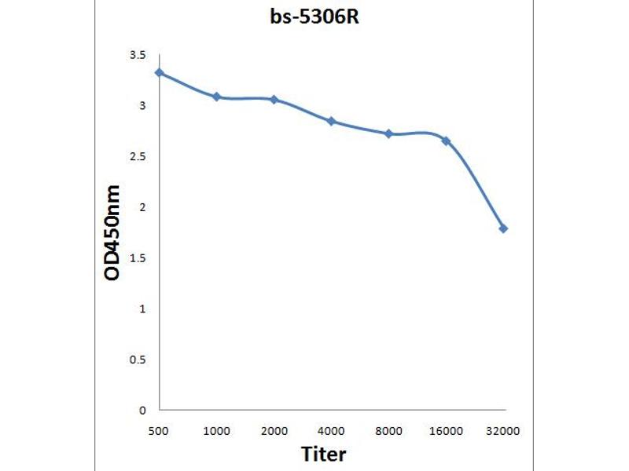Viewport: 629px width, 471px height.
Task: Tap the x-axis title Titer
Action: pos(323,454)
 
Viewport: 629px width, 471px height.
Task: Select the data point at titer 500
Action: pos(160,73)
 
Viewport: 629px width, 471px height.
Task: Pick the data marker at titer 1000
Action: pos(216,97)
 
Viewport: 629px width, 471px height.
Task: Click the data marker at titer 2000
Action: pos(274,100)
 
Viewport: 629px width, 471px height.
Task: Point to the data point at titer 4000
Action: pos(331,121)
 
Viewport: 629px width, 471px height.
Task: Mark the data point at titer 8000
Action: pos(388,134)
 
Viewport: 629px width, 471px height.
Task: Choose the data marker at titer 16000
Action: pos(446,141)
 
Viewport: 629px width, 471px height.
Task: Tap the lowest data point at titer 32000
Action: pos(503,228)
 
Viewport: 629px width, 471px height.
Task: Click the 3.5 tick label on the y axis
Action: pos(138,55)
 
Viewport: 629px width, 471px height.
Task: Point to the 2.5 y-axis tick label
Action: pos(138,156)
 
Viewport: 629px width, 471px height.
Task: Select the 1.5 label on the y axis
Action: pos(138,258)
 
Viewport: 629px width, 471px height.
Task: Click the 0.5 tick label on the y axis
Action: pos(138,360)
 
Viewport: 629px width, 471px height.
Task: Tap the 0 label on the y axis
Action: pos(142,410)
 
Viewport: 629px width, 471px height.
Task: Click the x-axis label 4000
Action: pos(331,431)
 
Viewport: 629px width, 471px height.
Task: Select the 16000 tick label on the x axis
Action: pos(446,431)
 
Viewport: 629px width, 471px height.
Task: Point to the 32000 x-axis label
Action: pos(503,431)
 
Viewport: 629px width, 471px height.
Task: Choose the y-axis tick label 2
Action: pos(142,207)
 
